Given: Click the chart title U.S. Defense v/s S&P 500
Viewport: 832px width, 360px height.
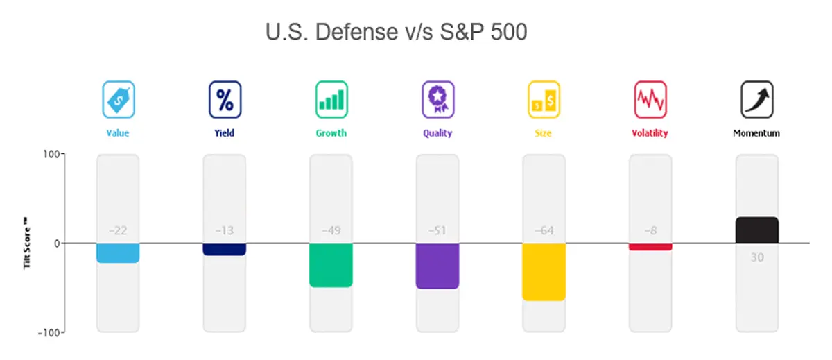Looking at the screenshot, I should point(396,32).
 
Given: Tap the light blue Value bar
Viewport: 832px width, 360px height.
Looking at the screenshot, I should point(118,253).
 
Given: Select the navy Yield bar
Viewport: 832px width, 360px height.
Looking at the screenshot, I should point(225,249).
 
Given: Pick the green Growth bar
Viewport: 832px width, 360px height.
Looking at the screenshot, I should point(331,265).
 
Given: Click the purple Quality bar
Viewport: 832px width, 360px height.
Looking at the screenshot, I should point(437,266).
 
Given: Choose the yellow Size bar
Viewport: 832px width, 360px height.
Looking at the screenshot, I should point(544,272).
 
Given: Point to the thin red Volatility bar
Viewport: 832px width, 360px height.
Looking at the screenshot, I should point(650,247).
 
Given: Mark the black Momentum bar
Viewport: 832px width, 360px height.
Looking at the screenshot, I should point(757,230).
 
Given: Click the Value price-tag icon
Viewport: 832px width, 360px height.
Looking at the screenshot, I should point(119,98).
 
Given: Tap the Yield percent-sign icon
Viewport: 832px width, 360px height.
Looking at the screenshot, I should point(225,98).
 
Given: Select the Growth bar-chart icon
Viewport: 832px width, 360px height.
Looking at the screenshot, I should point(331,98).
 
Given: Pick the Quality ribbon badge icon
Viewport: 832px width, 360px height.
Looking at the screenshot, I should point(438,98).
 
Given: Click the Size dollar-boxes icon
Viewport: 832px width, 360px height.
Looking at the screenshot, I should point(544,98).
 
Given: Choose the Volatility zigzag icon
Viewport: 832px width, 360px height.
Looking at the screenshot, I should point(650,98).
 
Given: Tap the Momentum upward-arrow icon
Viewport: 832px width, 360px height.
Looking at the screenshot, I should point(757,98).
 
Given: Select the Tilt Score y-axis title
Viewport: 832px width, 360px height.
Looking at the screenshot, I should point(28,243).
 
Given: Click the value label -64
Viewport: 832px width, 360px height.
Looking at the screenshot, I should point(544,231).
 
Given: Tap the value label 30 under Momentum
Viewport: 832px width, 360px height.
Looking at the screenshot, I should point(757,257).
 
